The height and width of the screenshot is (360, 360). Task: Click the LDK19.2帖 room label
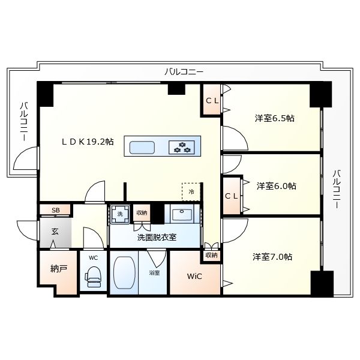pyautogui.click(x=87, y=142)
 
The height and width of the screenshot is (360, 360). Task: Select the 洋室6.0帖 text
pyautogui.click(x=276, y=186)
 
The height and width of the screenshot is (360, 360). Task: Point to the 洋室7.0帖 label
pyautogui.click(x=272, y=257)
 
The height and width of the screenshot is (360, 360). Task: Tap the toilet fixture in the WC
pyautogui.click(x=93, y=275)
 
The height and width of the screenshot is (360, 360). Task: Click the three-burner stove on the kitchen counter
pyautogui.click(x=183, y=146)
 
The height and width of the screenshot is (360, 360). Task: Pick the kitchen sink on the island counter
pyautogui.click(x=142, y=147)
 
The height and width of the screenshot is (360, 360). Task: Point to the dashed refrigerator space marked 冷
pyautogui.click(x=191, y=192)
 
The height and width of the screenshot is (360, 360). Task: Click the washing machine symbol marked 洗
pyautogui.click(x=119, y=214)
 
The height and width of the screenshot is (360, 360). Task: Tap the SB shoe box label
pyautogui.click(x=55, y=210)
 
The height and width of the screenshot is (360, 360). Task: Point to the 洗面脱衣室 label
pyautogui.click(x=157, y=237)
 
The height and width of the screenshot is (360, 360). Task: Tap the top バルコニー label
pyautogui.click(x=184, y=71)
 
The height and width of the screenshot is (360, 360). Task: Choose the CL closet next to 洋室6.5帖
pyautogui.click(x=212, y=101)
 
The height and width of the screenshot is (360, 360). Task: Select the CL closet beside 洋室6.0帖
pyautogui.click(x=232, y=196)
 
